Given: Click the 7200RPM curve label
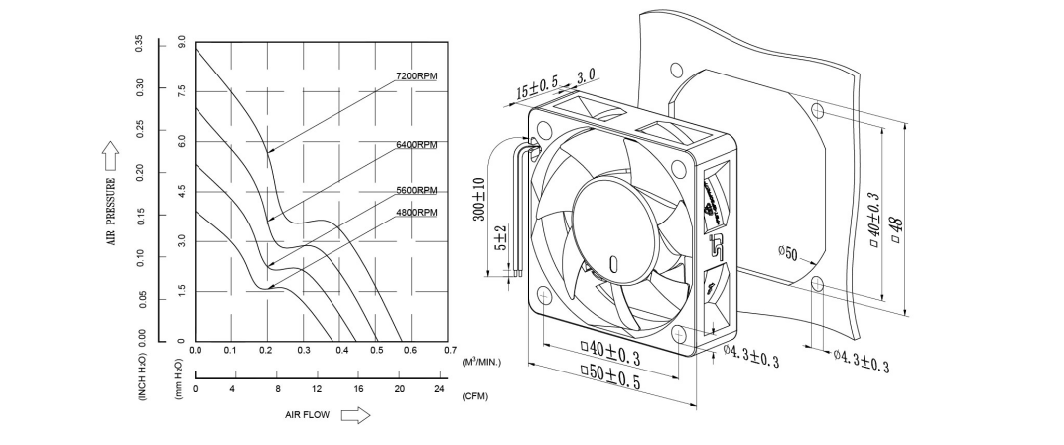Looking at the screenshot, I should pos(416,76).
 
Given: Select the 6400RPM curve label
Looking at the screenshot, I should pos(416,145).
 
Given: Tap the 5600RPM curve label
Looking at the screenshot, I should pos(416,190).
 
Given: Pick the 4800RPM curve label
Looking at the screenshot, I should pos(416,213).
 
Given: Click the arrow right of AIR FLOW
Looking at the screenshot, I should pos(354,415).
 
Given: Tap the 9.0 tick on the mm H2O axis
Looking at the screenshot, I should pos(181,43).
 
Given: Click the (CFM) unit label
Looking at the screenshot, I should pos(475,396).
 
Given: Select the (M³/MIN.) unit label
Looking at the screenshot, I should pos(481,362).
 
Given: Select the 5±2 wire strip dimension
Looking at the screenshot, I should pos(501,240).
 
